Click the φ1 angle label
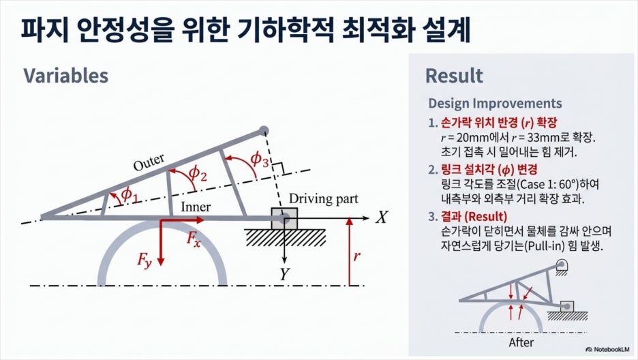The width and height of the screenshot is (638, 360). (x=130, y=194)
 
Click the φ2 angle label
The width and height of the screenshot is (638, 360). (x=198, y=173)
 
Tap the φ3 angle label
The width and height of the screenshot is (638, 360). (x=259, y=159)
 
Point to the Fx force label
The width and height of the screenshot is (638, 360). (x=194, y=239)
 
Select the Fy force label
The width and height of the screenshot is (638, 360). (x=145, y=260)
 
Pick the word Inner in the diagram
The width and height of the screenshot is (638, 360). (x=196, y=207)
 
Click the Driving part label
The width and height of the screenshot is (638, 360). (x=324, y=199)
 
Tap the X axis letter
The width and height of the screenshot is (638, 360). (x=381, y=217)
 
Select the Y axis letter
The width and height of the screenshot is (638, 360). (x=284, y=275)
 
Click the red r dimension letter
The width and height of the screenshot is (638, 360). (x=357, y=256)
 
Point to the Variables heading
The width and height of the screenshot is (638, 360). (x=66, y=76)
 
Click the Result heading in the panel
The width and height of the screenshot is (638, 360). (x=454, y=76)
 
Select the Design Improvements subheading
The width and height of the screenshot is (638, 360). (x=495, y=104)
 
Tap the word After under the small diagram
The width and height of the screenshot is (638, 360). (x=521, y=342)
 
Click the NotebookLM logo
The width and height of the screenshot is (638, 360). (x=607, y=349)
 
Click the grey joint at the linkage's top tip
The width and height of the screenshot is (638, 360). (x=264, y=131)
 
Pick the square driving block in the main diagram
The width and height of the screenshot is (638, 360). (x=284, y=218)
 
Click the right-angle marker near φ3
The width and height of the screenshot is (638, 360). (x=278, y=168)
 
